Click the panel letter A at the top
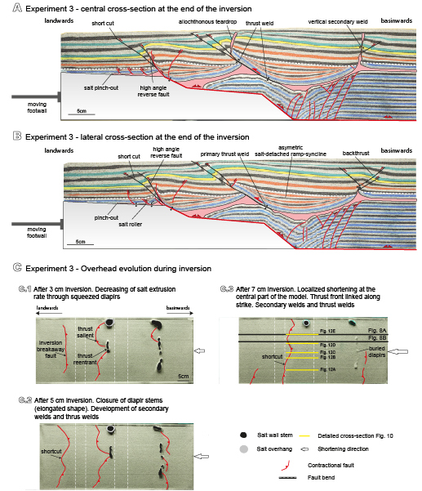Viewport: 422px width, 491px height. [8, 7]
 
